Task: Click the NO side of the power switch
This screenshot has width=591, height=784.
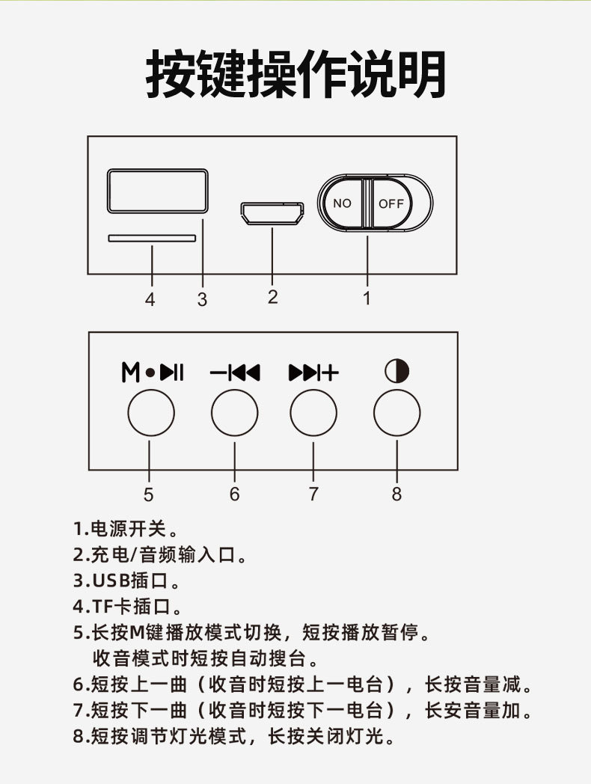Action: tap(342, 203)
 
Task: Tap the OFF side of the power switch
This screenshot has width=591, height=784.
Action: tap(391, 203)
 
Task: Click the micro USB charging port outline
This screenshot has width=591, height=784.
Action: tap(272, 214)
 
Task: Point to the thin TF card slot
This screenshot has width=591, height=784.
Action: tap(153, 239)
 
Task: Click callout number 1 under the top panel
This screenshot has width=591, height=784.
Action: tap(367, 298)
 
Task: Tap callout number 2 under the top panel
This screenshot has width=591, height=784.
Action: tap(272, 297)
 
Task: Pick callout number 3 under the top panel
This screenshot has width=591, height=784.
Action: tap(202, 300)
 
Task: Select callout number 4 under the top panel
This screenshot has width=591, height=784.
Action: tap(150, 300)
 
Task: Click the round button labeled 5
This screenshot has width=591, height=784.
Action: tap(151, 412)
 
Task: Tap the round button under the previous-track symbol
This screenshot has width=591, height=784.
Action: tap(234, 412)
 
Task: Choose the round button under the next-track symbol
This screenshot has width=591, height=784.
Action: tap(313, 412)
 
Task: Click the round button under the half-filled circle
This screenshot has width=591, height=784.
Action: tap(396, 412)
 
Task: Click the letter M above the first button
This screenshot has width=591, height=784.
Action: tap(130, 372)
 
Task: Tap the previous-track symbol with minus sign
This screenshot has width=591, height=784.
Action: tap(234, 372)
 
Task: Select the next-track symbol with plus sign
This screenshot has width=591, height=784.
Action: tap(313, 372)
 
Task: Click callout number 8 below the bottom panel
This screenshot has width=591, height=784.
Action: tap(396, 494)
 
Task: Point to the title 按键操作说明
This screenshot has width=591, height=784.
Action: tap(295, 75)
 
